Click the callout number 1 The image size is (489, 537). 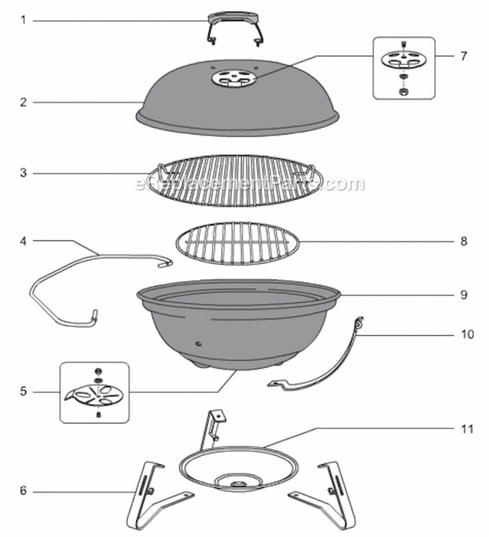(x=23, y=21)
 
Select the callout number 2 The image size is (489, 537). (x=23, y=102)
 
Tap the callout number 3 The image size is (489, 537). (x=23, y=173)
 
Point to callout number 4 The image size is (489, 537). (x=23, y=241)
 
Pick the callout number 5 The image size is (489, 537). (x=23, y=392)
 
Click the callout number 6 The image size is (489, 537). (x=23, y=491)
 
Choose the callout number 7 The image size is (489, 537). (x=463, y=55)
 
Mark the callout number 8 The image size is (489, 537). (x=463, y=241)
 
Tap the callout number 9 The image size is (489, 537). (x=463, y=294)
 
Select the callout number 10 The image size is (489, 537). (x=465, y=334)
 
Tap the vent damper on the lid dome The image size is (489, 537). (x=236, y=79)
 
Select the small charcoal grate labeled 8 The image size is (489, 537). (x=236, y=243)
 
